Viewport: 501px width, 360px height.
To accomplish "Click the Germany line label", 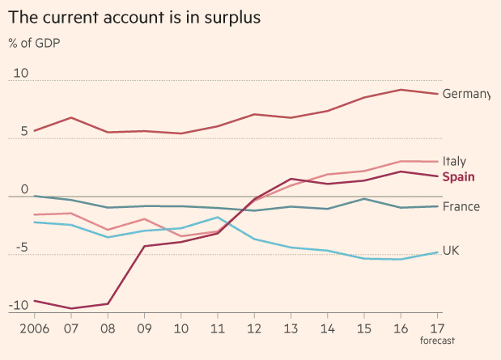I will coord(466,94).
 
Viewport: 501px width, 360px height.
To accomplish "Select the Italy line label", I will coord(455,162).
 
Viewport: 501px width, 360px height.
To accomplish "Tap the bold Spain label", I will coord(458,177).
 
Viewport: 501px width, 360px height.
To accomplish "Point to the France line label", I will coord(461,206).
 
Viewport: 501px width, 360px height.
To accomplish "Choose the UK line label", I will coord(451,251).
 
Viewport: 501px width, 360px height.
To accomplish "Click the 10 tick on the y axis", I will coord(19,73).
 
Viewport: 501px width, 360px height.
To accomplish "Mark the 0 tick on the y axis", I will coord(24,189).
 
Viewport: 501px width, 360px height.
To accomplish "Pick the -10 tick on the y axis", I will coord(18,306).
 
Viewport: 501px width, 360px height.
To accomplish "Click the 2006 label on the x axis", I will coord(33,330).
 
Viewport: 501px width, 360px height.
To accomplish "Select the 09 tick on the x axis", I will coord(144,330).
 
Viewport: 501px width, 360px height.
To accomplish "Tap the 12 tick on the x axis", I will coord(254,330).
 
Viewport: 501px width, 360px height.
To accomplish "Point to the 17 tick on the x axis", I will coord(438,329).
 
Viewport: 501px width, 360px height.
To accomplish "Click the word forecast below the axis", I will coord(439,342).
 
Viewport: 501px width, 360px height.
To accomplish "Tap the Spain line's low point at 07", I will coord(71,308).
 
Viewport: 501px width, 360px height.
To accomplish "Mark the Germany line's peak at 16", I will coord(401,90).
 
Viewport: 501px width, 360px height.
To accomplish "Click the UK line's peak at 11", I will coord(218,217).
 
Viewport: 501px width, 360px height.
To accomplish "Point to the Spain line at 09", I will coord(145,246).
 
